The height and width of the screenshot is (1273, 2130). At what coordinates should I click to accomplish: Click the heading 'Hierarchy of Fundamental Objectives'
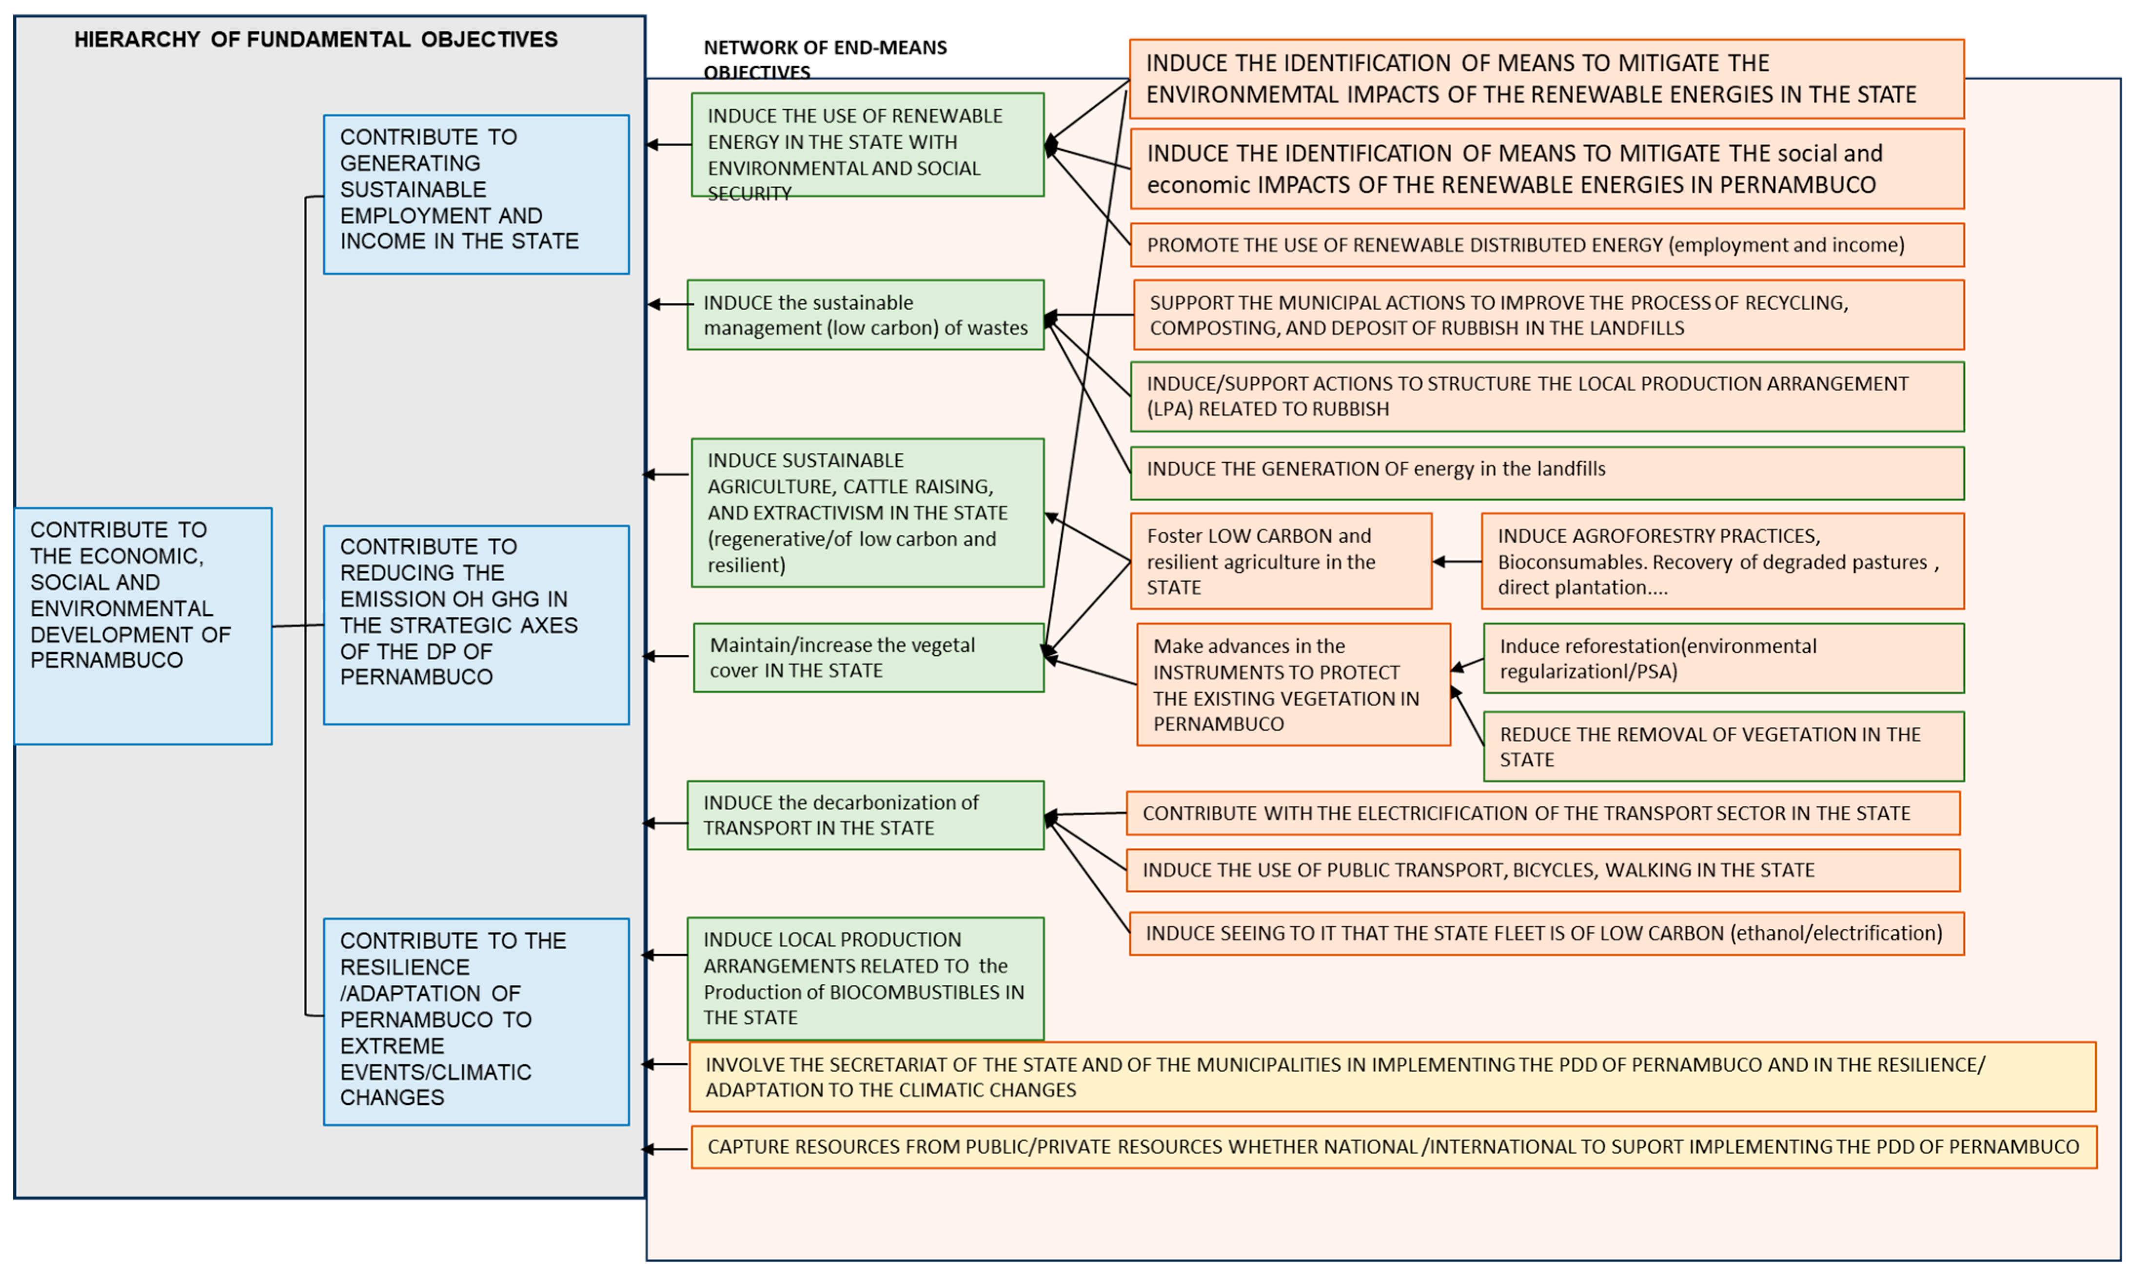(316, 39)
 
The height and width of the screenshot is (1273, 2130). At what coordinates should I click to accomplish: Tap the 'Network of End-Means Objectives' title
(825, 59)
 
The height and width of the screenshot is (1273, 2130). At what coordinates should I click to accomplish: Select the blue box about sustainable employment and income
(476, 194)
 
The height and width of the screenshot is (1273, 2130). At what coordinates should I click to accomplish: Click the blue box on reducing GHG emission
(476, 625)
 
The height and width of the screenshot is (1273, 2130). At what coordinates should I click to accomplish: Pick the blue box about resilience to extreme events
(476, 1021)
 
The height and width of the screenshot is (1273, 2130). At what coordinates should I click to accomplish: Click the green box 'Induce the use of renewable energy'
(868, 145)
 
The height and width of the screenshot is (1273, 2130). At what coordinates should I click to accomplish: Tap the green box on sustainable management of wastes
(866, 315)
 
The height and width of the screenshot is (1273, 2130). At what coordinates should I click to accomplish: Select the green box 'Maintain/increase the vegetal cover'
(868, 658)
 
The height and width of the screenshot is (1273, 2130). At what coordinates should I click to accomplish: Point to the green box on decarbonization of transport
(866, 815)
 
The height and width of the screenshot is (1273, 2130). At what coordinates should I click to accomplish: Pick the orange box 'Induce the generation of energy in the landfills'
(1547, 472)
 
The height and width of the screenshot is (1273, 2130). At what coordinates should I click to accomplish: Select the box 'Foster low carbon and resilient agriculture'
(1281, 561)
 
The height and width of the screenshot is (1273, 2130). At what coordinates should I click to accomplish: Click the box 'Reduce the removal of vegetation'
(1723, 746)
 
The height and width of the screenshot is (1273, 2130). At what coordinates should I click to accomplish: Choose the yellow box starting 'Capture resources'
(1393, 1147)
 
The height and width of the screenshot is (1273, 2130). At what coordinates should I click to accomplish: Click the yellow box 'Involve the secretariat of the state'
(1391, 1077)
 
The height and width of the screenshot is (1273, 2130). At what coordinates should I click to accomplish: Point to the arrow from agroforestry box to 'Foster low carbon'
(1457, 562)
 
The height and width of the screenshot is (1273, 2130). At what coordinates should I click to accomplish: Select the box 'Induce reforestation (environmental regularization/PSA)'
(1723, 658)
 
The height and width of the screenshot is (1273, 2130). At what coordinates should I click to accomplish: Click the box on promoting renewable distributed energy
(1547, 245)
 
